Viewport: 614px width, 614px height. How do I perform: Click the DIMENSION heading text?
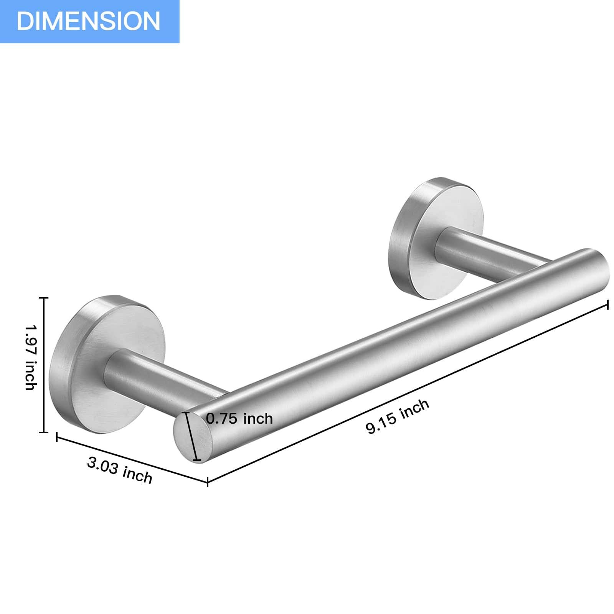[88, 21]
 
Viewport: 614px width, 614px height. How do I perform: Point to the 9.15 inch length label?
[397, 416]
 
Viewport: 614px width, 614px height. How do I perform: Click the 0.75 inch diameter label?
[239, 418]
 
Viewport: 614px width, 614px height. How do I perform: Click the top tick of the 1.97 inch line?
[44, 298]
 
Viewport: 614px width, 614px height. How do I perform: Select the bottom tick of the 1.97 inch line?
[44, 432]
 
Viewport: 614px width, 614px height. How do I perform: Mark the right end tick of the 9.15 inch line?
[607, 305]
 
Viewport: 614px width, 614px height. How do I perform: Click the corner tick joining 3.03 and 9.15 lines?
[208, 482]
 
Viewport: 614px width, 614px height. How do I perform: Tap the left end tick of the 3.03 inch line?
[57, 437]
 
